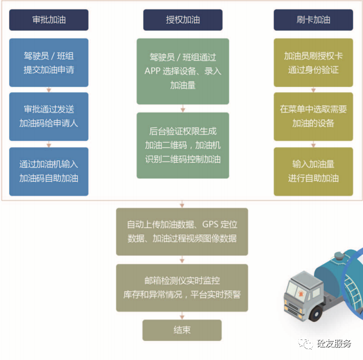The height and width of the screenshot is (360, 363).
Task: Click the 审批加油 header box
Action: [x=49, y=20]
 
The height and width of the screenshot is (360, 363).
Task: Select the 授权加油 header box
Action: [x=182, y=20]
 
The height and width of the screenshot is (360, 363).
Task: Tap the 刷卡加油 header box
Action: [x=313, y=20]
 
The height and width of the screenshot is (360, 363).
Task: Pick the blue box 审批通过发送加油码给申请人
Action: [x=49, y=115]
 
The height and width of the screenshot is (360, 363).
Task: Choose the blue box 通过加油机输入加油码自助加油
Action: [x=49, y=171]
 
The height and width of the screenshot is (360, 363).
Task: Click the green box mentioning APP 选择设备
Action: [x=182, y=71]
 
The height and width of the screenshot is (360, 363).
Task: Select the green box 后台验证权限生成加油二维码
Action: [x=182, y=145]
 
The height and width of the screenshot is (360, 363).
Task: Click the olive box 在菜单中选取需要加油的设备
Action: [x=313, y=115]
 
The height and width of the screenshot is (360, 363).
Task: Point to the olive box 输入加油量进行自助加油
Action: [x=313, y=171]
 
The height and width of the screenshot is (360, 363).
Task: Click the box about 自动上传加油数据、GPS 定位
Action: [x=182, y=231]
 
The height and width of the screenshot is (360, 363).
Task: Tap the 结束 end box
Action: [x=182, y=331]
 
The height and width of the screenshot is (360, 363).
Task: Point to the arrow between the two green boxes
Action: [x=182, y=108]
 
